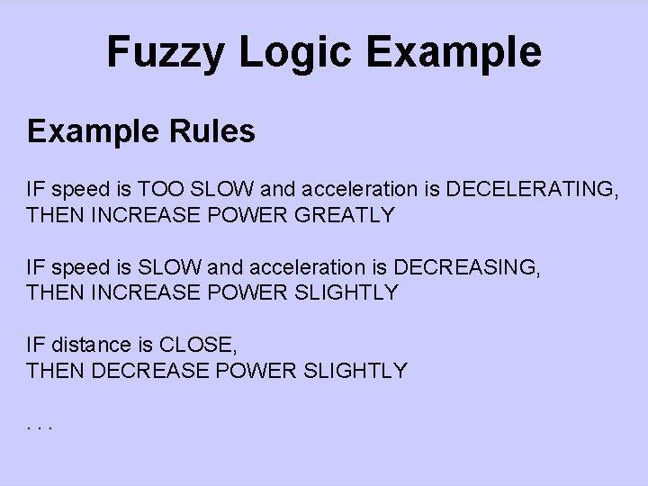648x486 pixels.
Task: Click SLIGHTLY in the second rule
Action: [x=346, y=292]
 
